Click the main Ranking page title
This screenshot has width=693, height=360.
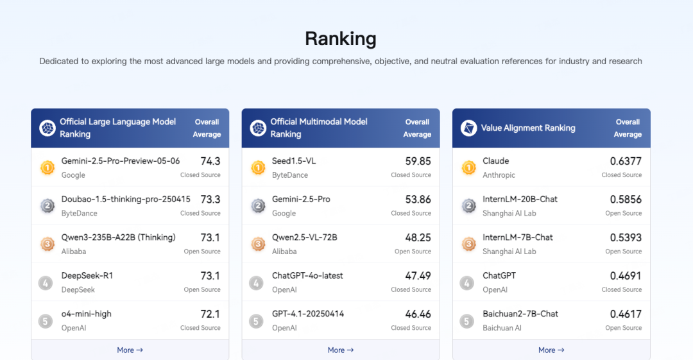tap(341, 39)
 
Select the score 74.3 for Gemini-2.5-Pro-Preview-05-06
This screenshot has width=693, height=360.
tap(210, 161)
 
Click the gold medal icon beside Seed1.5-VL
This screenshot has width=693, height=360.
tap(257, 168)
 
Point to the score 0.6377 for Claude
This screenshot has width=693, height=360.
tap(626, 161)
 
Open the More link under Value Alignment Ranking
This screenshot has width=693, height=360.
tap(551, 350)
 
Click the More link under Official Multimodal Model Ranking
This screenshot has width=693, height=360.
tap(341, 350)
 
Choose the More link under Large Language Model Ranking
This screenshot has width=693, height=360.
tap(130, 350)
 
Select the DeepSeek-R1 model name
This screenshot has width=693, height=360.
tap(87, 275)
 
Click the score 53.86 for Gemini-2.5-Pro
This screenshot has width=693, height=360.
tap(418, 200)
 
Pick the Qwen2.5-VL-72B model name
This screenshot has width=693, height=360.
tap(304, 237)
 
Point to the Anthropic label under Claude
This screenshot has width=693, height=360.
tap(499, 175)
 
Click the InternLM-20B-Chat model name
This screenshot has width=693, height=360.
tap(520, 199)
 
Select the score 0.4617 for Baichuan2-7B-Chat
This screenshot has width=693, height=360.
tap(626, 314)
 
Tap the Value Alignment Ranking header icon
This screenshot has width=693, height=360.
tap(468, 128)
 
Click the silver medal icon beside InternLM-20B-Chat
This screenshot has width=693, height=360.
tap(468, 206)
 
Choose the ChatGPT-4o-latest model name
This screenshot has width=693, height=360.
tap(307, 275)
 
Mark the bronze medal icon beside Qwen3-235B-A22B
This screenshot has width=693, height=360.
tap(47, 244)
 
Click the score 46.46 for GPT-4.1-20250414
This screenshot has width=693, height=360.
tap(418, 314)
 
